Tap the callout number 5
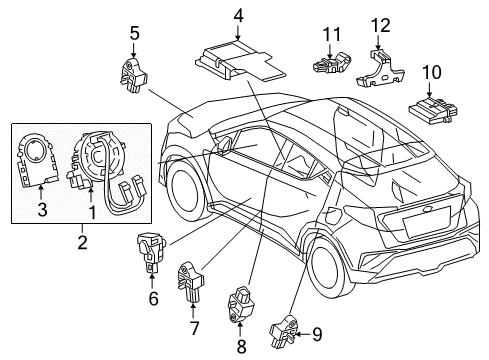[133, 34]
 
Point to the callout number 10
[431, 72]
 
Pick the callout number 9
[317, 336]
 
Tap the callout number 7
[194, 327]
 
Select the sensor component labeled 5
[133, 73]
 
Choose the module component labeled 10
[428, 105]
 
